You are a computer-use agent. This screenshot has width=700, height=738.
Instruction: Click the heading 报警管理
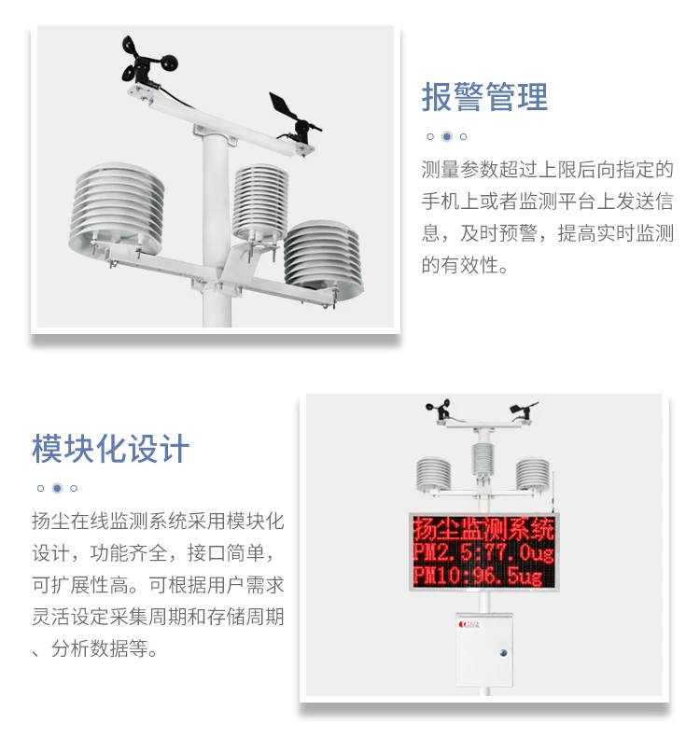[x=484, y=97]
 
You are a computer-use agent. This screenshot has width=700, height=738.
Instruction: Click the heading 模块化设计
[x=111, y=449]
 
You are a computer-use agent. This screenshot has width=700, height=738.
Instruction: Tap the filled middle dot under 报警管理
[x=447, y=136]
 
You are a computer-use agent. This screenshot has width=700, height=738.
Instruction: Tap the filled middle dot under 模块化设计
[x=57, y=488]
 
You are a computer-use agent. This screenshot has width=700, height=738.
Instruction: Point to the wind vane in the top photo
[x=293, y=117]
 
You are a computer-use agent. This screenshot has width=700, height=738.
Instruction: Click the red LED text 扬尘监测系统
[x=483, y=530]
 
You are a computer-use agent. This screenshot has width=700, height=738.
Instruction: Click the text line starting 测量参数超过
[x=547, y=170]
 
